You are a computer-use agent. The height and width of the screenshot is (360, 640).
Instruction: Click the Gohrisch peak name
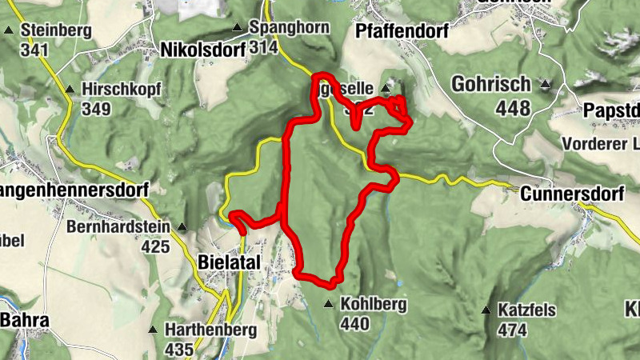[490, 84]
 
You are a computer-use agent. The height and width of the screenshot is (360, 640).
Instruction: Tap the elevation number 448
[512, 106]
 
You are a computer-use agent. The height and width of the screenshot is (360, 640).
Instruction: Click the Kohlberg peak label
[374, 305]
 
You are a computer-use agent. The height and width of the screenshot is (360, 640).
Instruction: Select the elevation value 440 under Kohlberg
[354, 323]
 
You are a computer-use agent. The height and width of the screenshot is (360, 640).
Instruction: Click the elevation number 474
[513, 329]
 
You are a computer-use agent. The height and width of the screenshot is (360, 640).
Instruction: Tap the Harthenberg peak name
[199, 329]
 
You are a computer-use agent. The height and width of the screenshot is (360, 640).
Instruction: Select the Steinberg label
[57, 30]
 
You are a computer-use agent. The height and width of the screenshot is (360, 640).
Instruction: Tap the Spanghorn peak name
[290, 27]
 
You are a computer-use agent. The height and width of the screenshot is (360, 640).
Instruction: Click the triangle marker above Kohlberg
[328, 304]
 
